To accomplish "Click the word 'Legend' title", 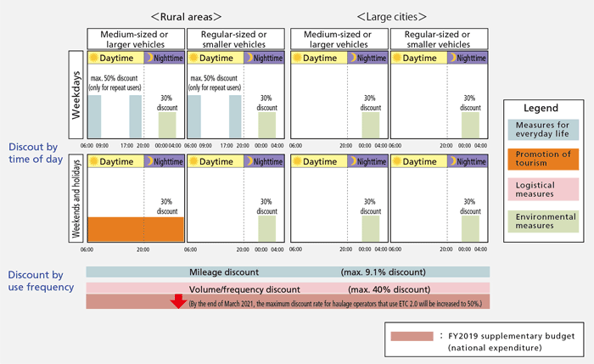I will click(x=541, y=109).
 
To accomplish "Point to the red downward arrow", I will click(x=178, y=302).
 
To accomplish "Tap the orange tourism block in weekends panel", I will click(x=135, y=229).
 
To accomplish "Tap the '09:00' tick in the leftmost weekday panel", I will click(x=102, y=145).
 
